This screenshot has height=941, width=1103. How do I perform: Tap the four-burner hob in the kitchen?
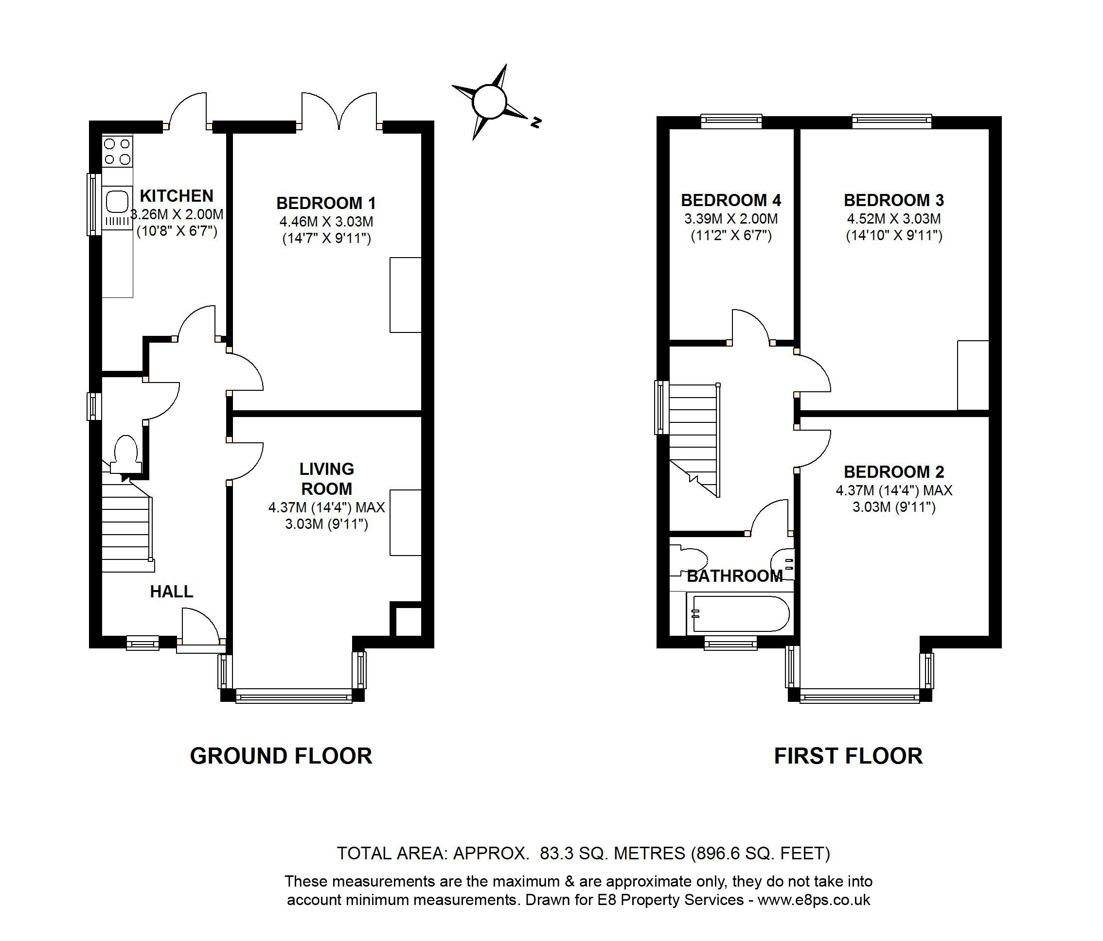tap(117, 151)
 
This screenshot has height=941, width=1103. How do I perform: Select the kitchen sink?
tap(117, 203)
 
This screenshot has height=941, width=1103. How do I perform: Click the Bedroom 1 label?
tap(326, 203)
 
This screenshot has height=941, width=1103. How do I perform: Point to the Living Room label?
tap(326, 479)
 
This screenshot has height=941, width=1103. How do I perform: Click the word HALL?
tap(171, 592)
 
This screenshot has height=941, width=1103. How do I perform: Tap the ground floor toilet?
tap(125, 452)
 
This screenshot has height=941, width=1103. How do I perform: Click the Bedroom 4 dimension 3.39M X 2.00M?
tap(731, 219)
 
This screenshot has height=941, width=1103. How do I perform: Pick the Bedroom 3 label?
tap(894, 201)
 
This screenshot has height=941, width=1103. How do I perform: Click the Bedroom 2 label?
tap(894, 472)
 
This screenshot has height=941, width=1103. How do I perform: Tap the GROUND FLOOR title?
tap(281, 756)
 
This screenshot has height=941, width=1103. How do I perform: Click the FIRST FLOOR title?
tap(848, 756)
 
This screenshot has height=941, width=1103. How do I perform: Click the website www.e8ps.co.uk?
tap(814, 900)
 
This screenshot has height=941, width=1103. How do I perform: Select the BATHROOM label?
tap(735, 576)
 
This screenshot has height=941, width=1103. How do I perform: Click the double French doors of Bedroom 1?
tap(339, 112)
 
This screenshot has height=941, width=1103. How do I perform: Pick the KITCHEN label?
tap(176, 196)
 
